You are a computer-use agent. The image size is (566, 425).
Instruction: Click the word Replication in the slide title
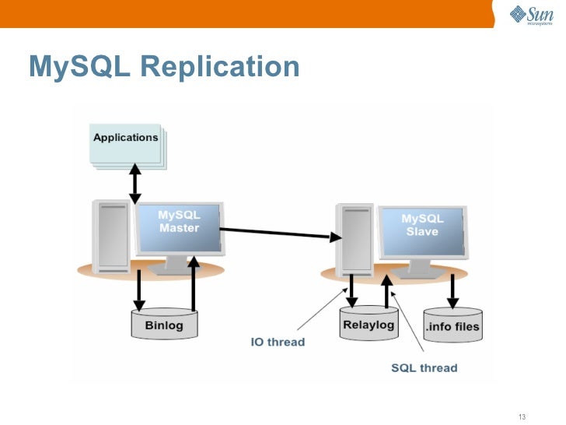pyautogui.click(x=220, y=67)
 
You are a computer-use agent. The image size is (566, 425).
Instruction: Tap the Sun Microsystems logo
pyautogui.click(x=531, y=15)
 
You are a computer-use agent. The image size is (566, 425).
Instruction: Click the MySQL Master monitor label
pyautogui.click(x=180, y=222)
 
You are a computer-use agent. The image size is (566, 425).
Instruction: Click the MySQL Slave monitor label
pyautogui.click(x=422, y=225)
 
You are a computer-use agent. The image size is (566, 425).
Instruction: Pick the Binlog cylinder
pyautogui.click(x=164, y=325)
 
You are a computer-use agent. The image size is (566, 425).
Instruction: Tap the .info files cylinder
pyautogui.click(x=452, y=326)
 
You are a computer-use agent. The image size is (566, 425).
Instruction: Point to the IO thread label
pyautogui.click(x=278, y=342)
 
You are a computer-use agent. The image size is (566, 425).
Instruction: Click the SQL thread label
pyautogui.click(x=424, y=367)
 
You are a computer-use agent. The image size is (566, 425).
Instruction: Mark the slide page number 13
pyautogui.click(x=522, y=416)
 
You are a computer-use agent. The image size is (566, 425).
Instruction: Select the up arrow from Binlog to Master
pyautogui.click(x=194, y=284)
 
